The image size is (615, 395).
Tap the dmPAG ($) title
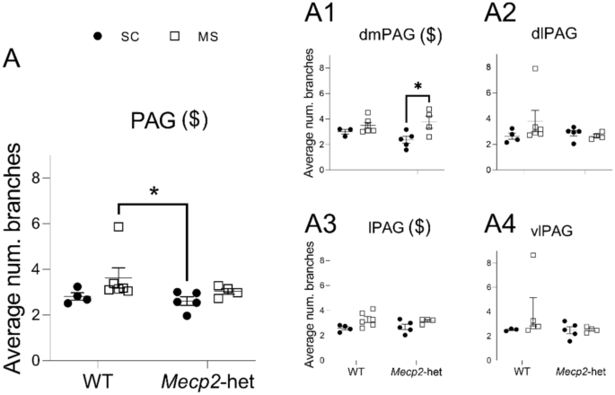click(x=390, y=37)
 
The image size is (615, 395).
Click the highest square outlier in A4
click(x=533, y=256)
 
